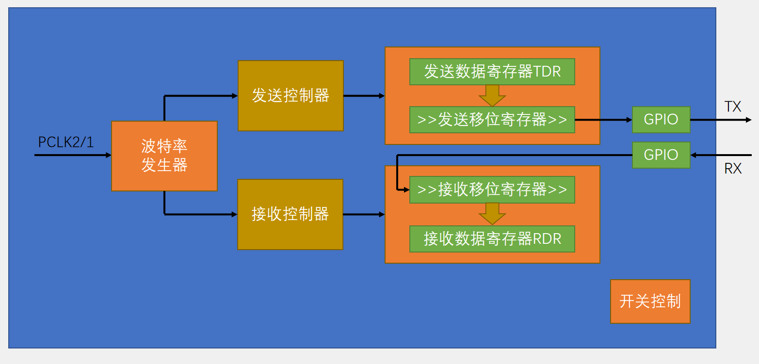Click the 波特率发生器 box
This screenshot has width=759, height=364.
(164, 156)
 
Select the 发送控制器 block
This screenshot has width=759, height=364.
(291, 95)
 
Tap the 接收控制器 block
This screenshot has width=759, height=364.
(290, 214)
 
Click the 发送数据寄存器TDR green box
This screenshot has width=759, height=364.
(492, 72)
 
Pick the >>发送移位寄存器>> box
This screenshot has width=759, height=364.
(492, 120)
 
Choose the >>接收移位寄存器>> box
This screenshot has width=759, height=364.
(492, 190)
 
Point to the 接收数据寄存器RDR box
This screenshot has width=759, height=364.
(492, 238)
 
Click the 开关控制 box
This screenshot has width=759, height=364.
(650, 301)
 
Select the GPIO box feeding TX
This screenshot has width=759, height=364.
(661, 120)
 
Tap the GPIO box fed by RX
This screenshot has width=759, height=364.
(661, 155)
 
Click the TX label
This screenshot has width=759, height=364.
(732, 107)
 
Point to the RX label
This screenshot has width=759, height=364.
(732, 169)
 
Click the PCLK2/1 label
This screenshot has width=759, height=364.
(66, 142)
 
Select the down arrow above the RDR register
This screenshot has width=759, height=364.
(492, 214)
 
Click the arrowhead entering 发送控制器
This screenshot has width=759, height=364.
(234, 96)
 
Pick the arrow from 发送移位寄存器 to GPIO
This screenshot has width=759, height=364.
(604, 120)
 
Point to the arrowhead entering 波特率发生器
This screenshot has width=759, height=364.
(108, 155)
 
